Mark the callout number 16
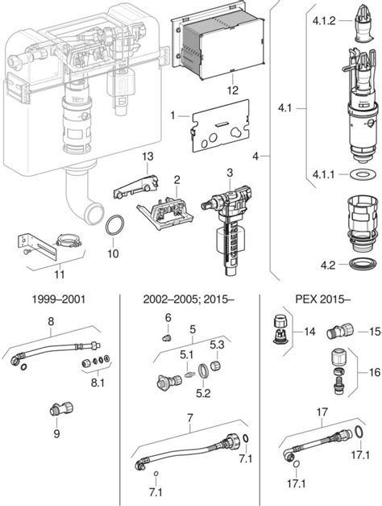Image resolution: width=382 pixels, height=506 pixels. click(x=373, y=374)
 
